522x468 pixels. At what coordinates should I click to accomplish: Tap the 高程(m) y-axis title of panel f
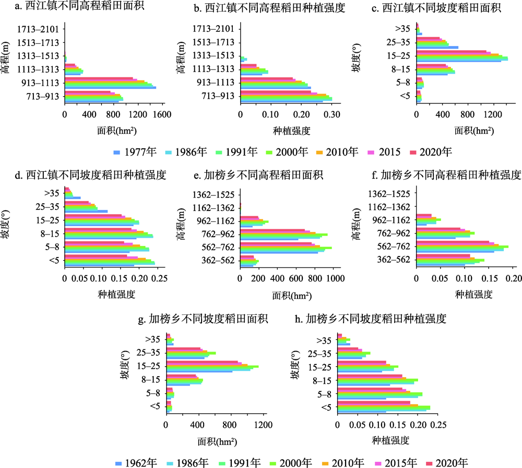(357, 227)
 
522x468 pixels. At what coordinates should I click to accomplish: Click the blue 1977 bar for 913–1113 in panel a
(110, 88)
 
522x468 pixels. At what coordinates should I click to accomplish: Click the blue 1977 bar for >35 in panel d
(73, 198)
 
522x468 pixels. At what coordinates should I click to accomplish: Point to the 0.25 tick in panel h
(437, 425)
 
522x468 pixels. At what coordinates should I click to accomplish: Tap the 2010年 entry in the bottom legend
(345, 462)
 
